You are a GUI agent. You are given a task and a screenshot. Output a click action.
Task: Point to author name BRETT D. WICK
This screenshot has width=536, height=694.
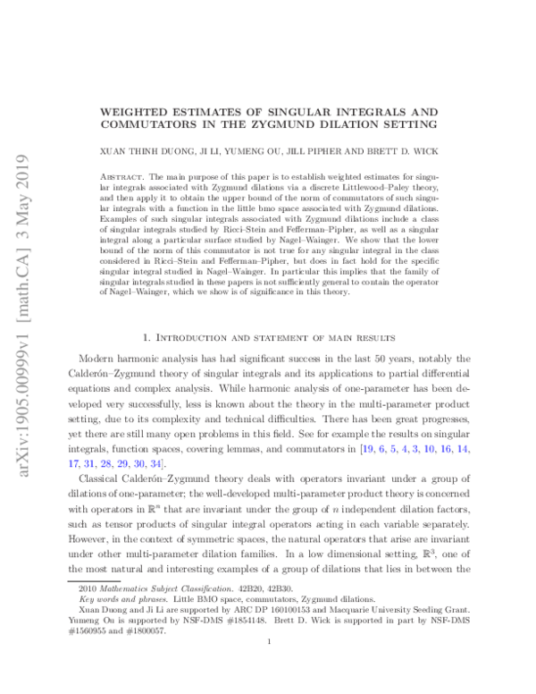[x=398, y=154]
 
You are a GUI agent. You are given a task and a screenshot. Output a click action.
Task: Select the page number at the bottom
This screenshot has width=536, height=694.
[x=268, y=665]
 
